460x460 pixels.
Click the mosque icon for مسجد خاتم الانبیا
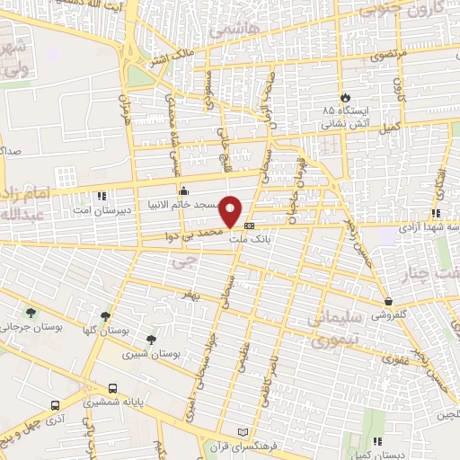coord(184,190)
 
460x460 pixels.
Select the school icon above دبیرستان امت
coord(102,195)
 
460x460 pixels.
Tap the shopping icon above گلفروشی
coord(388,302)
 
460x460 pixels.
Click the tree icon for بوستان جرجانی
coord(31,313)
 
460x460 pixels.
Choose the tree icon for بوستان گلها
coord(106,316)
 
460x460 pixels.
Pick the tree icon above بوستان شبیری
coord(150,341)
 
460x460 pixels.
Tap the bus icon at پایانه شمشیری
coord(111,389)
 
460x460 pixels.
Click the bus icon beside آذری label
coord(56,405)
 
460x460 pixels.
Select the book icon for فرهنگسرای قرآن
coord(239,431)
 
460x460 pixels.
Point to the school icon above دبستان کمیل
coord(377,440)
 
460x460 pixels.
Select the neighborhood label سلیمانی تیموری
coord(334,330)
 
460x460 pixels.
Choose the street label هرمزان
coord(125,107)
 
